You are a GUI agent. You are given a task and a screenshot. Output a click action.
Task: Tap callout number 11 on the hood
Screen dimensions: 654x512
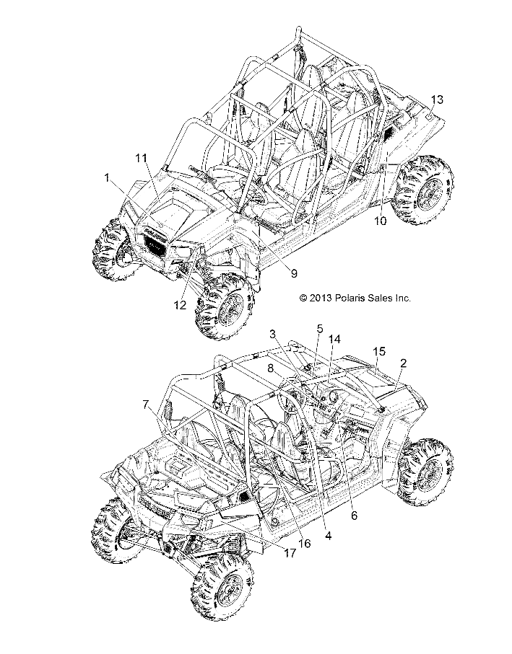click(x=141, y=156)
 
